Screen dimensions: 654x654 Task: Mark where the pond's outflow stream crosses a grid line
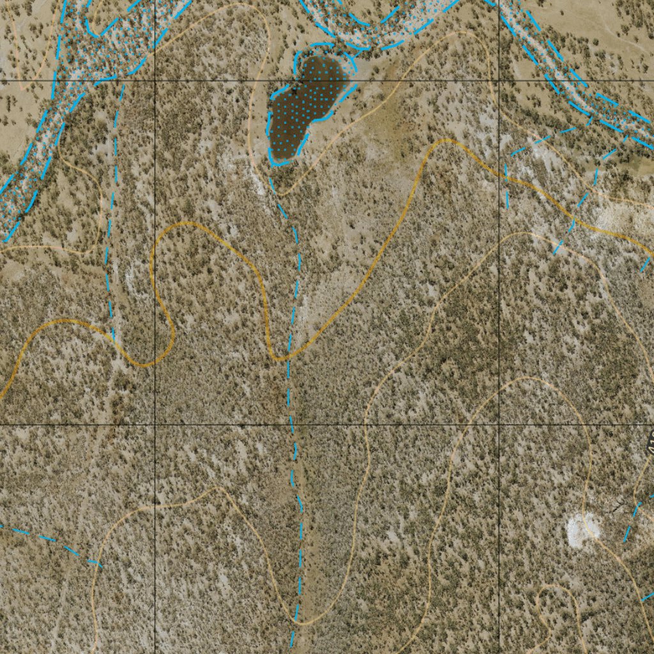tap(293, 424)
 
